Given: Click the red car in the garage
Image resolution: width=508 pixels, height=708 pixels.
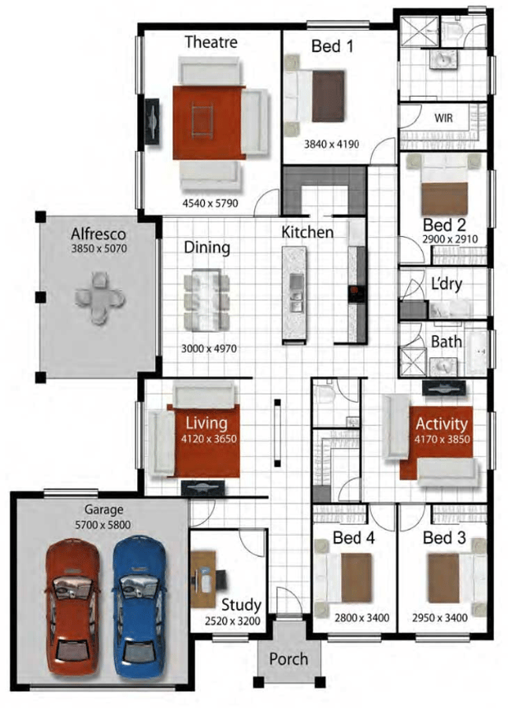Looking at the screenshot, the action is pos(72,608).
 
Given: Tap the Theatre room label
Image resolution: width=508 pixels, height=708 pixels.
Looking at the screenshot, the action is pos(211,42).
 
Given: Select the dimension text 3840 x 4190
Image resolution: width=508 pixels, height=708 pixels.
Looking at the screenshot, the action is pos(332,144).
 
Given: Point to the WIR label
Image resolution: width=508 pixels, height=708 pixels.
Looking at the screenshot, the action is pos(443,118).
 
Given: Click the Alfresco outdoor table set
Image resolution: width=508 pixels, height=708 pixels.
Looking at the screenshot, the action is pos(100,298).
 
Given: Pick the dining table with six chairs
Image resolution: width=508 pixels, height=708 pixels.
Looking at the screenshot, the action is pos(206,301).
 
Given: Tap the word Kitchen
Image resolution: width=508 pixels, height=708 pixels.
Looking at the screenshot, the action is pos(307,232).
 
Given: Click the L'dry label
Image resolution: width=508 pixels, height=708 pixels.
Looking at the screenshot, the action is pos(447,284).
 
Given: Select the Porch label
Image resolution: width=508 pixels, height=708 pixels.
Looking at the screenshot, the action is pos(288,658).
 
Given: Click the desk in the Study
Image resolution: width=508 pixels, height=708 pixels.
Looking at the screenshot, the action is pos(203,579).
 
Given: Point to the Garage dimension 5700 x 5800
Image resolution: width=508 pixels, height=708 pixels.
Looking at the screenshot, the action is pos(103,525).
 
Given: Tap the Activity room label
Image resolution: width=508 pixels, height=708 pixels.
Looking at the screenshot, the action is pos(442,424).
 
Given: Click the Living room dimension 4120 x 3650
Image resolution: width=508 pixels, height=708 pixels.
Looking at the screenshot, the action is pos(209,438).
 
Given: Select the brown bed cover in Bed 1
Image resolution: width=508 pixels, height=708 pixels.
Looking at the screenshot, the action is pos(328,96).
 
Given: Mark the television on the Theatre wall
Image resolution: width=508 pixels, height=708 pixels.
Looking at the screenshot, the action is pos(152,121).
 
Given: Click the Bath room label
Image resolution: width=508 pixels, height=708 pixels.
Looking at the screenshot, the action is pos(446,342).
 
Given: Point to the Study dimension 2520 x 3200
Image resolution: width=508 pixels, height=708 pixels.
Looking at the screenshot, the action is pos(232,621).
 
